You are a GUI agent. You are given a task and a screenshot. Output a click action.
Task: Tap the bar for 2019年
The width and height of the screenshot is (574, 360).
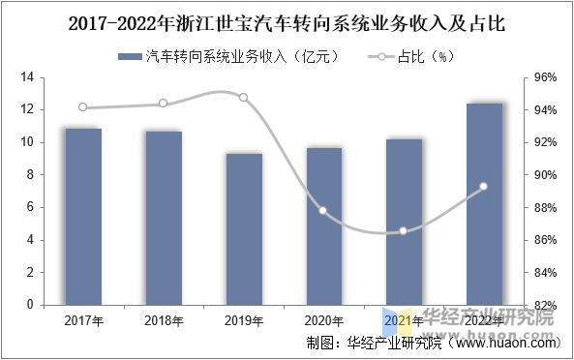point(244,228)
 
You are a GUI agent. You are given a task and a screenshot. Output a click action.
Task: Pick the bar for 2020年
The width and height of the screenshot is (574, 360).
point(324,225)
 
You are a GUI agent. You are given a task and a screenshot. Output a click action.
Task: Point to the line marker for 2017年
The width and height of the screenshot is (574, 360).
point(83,107)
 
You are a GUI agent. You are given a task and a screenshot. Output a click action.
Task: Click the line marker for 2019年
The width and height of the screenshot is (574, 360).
point(243,98)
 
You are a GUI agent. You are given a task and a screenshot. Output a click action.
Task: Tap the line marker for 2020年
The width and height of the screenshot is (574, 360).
point(323,211)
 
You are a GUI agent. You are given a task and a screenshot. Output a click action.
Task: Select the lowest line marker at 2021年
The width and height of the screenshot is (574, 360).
point(404,230)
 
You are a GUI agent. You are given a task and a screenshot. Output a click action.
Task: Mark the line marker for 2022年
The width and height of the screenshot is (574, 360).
point(484,187)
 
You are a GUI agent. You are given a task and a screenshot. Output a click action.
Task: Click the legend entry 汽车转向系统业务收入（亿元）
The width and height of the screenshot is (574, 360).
point(228,56)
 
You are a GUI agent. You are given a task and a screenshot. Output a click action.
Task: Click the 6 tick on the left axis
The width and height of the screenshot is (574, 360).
point(31,207)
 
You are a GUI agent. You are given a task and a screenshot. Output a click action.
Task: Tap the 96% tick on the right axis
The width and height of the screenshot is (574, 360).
point(545,77)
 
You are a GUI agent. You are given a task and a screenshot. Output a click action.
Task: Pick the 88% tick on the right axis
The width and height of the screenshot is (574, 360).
point(545,208)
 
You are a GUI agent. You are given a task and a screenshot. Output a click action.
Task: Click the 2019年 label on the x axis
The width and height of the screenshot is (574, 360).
point(244,320)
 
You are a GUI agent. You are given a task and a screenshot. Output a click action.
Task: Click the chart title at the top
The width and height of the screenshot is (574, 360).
point(287,20)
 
